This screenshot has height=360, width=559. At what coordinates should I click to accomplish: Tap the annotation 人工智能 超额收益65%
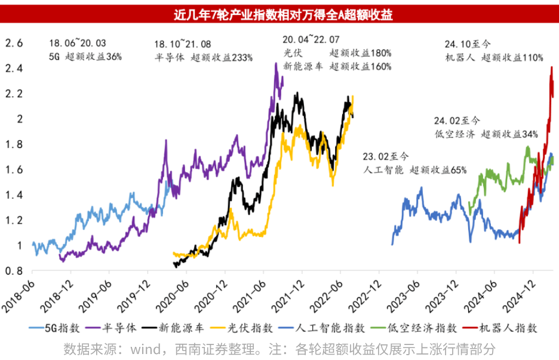tap(414, 170)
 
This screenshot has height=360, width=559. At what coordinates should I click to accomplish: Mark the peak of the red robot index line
tap(551, 67)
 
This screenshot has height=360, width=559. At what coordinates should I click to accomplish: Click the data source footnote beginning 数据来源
tap(279, 347)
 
